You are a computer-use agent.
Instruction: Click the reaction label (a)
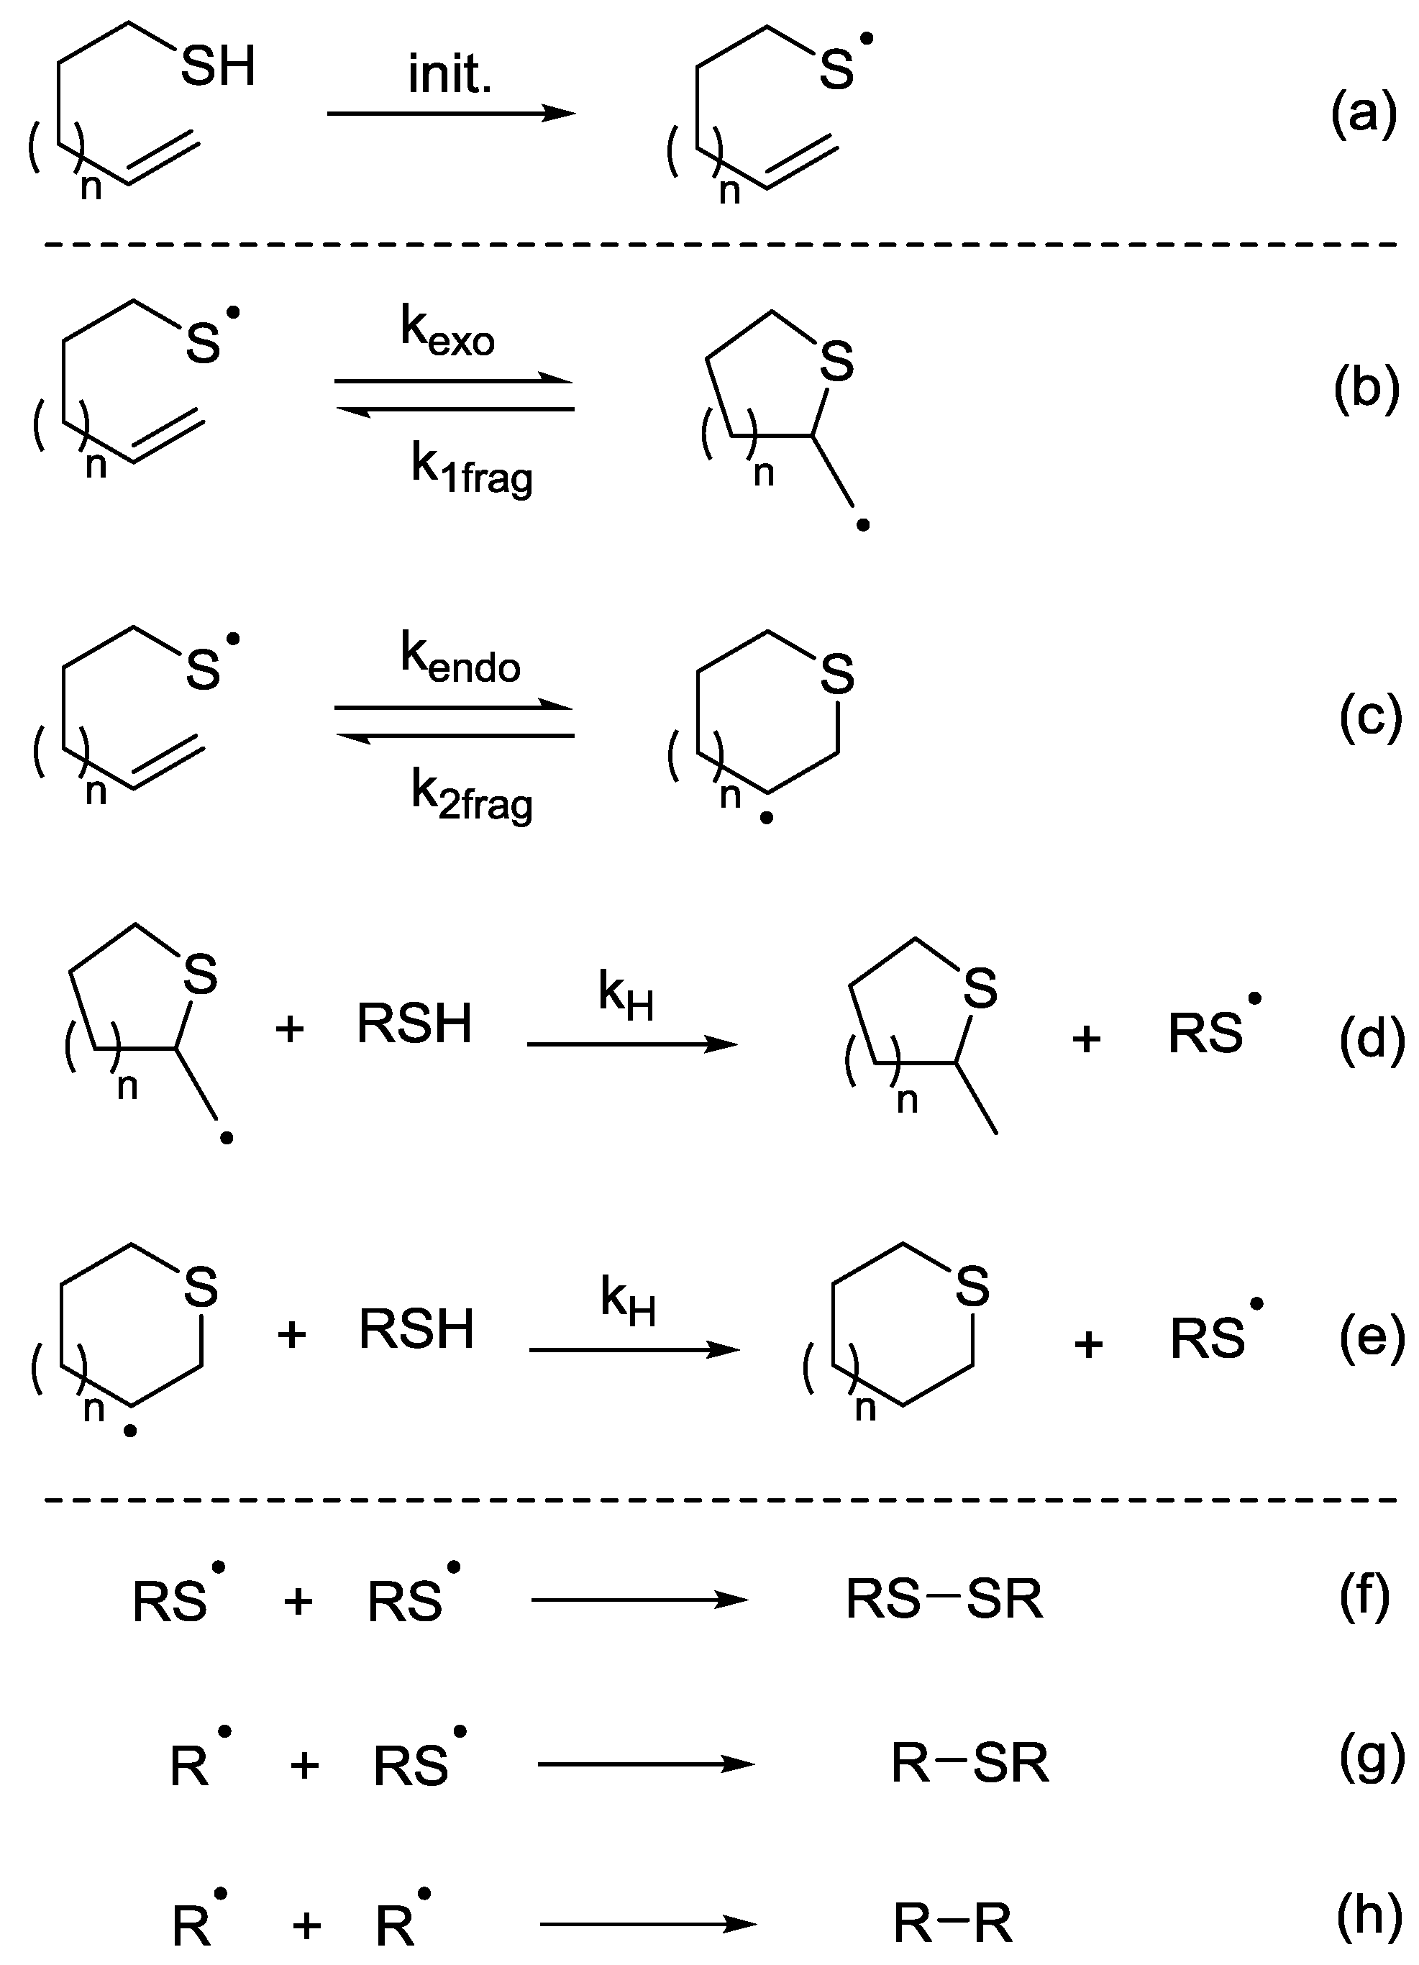point(1364,114)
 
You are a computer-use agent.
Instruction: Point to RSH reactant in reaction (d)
point(414,1023)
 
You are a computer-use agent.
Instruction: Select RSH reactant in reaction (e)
point(416,1330)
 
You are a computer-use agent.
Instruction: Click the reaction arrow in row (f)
point(639,1600)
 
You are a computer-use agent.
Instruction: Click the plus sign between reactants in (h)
point(306,1925)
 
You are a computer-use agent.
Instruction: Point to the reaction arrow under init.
point(450,114)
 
